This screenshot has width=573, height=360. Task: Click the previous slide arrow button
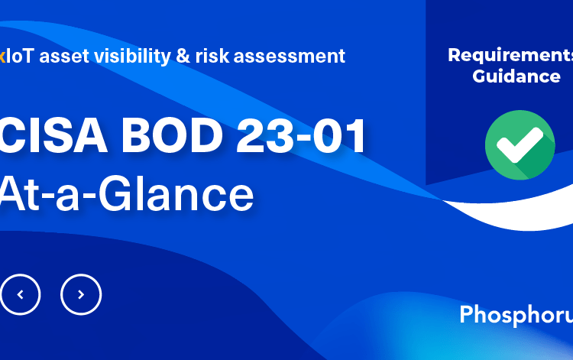point(20,294)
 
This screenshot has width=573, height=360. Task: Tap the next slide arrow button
point(81,294)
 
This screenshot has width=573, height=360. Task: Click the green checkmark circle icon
point(520,145)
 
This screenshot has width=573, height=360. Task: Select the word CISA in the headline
point(53,136)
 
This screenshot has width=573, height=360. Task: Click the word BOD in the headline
point(172,136)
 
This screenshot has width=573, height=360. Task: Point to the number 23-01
point(301,136)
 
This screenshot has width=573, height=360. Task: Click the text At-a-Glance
point(126,193)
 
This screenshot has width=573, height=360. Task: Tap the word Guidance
point(516,76)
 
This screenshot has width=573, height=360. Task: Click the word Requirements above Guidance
point(510,55)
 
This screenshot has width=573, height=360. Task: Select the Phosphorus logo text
point(516,315)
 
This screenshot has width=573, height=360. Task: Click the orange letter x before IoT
point(2,57)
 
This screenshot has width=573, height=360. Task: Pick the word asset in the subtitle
point(64,57)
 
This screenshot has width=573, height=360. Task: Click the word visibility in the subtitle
point(132,57)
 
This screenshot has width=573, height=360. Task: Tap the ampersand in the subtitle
point(183,57)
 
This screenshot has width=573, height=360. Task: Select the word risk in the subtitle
point(212,56)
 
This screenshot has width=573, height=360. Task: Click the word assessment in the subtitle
point(290,57)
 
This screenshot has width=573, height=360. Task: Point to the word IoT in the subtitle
point(20,56)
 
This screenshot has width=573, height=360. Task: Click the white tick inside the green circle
point(520,144)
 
